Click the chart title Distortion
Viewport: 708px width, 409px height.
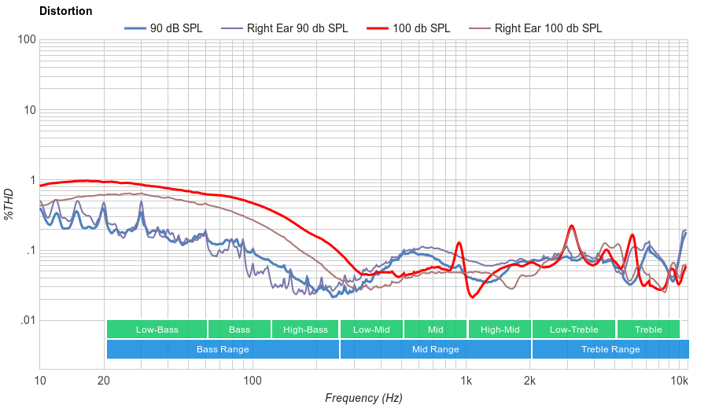coord(65,12)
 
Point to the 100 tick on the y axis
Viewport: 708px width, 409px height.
coord(27,40)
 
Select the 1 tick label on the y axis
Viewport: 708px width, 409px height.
coord(32,180)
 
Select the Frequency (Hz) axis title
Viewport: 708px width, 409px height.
coord(363,398)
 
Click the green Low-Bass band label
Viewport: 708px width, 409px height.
coord(157,330)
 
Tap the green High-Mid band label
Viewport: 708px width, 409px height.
coord(500,330)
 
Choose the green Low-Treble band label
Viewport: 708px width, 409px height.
coord(573,330)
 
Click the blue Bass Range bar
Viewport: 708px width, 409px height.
coord(223,349)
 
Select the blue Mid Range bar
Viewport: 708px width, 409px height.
coord(435,349)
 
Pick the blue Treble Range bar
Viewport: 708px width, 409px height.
coord(610,349)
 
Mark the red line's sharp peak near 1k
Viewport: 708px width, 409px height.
coord(459,243)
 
